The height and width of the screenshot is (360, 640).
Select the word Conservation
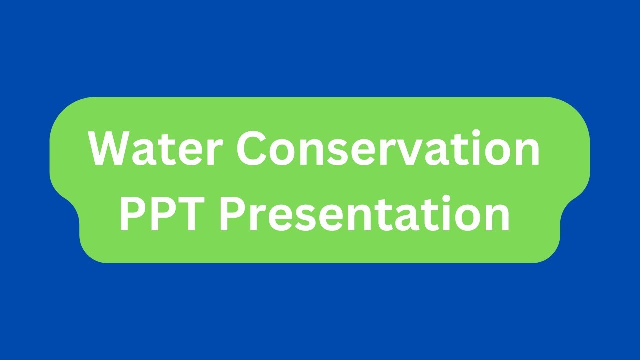[388, 148]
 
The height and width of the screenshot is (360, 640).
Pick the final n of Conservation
[525, 152]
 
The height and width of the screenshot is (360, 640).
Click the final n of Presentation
[495, 218]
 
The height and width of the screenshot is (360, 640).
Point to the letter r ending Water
[210, 152]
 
